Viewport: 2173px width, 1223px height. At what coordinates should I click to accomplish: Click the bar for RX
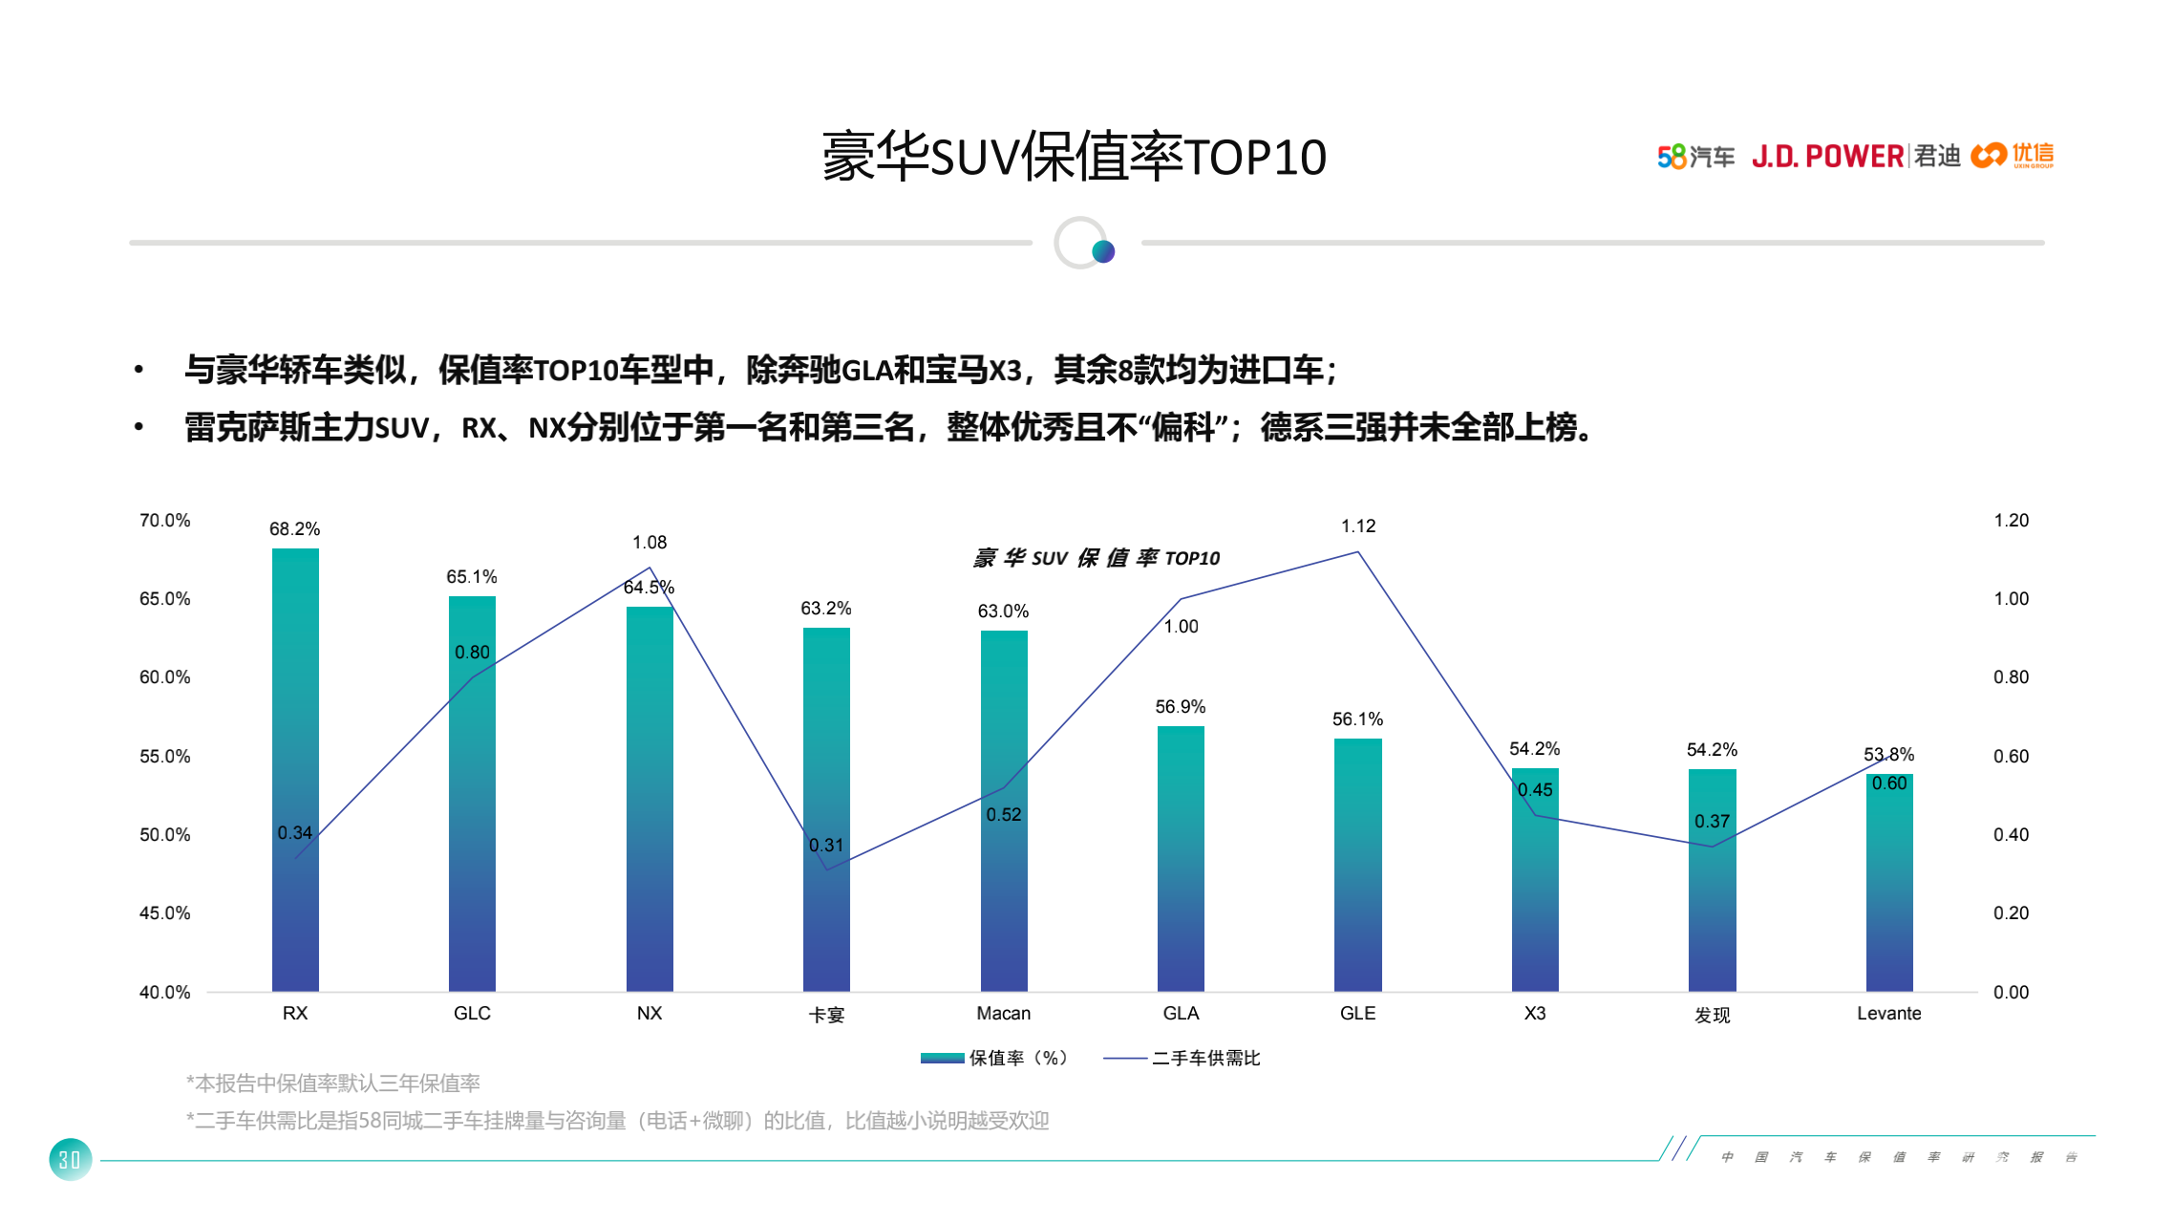[x=295, y=769]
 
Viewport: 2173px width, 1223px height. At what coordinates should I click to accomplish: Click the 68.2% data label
[x=294, y=528]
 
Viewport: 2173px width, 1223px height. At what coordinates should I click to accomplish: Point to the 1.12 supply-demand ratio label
[x=1357, y=526]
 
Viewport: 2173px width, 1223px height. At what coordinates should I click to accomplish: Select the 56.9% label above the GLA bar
[x=1180, y=706]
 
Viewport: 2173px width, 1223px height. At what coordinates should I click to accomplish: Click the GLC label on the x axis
[x=472, y=1013]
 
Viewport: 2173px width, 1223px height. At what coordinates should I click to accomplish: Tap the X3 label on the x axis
[x=1534, y=1013]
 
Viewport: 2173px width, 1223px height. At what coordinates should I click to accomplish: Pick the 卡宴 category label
[x=826, y=1015]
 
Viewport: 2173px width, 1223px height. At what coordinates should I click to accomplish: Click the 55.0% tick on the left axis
[x=164, y=756]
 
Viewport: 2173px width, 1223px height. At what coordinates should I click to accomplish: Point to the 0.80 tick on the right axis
[x=2011, y=676]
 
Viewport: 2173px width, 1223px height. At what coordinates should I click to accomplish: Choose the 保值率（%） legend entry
[x=994, y=1058]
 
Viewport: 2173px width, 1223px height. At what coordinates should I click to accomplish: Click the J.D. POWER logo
[x=1827, y=156]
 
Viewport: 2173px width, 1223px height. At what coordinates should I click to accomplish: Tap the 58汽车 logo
[x=1695, y=156]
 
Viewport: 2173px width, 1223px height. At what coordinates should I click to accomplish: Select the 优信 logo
[x=2013, y=155]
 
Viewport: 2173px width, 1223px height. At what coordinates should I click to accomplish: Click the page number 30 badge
[x=70, y=1159]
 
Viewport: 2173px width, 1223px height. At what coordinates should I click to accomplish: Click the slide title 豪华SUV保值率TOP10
[x=1074, y=157]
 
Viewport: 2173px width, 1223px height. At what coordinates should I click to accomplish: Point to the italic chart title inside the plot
[x=1096, y=558]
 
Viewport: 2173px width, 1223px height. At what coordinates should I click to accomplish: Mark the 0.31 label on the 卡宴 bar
[x=826, y=845]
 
